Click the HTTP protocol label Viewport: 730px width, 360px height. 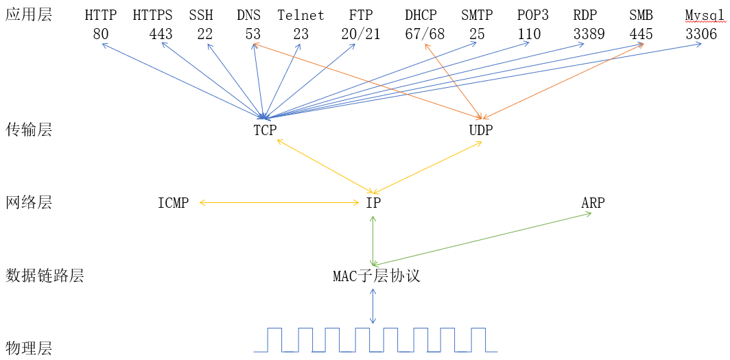101,14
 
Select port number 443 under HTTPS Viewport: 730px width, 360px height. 161,34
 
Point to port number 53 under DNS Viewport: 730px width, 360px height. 253,34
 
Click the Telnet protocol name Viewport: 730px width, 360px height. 301,14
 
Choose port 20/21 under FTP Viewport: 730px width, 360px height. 360,34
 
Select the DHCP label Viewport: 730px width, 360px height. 421,14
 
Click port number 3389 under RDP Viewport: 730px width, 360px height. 589,34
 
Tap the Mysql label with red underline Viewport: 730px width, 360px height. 705,14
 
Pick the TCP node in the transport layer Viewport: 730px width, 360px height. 265,130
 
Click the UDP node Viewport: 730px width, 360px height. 480,130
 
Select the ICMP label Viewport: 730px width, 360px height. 173,203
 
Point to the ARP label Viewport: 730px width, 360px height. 593,203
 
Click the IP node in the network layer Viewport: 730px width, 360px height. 373,203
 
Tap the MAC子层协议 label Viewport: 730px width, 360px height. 376,276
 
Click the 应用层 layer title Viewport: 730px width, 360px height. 28,14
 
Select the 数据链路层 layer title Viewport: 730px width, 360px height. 45,276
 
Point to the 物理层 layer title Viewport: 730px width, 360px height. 28,348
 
